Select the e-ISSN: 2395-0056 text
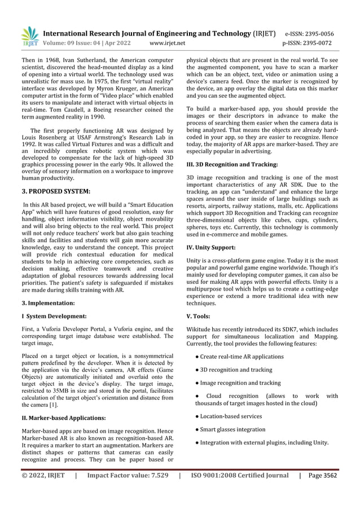[x=317, y=33]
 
